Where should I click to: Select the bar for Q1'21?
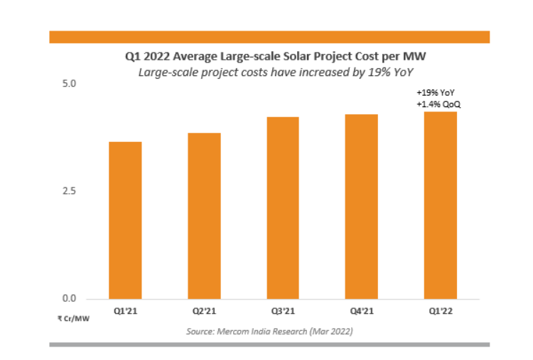pyautogui.click(x=125, y=220)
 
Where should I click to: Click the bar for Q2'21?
pyautogui.click(x=204, y=216)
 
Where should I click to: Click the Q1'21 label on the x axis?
pyautogui.click(x=125, y=310)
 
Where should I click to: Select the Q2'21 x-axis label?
pyautogui.click(x=204, y=310)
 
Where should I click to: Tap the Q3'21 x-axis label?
pyautogui.click(x=283, y=310)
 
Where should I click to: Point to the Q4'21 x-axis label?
pyautogui.click(x=361, y=310)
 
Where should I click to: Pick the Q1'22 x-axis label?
pyautogui.click(x=440, y=310)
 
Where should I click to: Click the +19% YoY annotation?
pyautogui.click(x=436, y=94)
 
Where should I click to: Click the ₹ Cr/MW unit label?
pyautogui.click(x=74, y=318)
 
